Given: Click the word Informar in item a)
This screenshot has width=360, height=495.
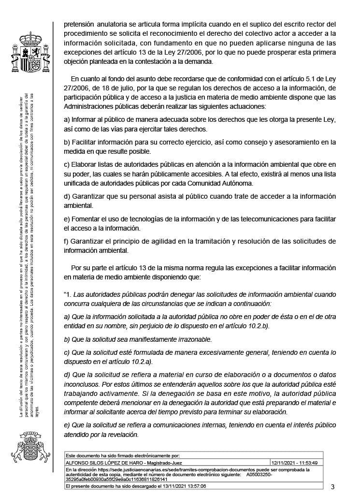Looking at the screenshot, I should click(x=85, y=119).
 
